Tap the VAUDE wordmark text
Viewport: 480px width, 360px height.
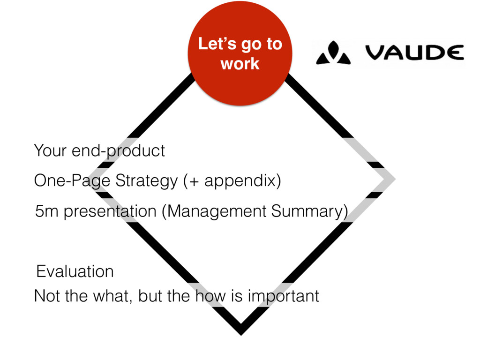414,53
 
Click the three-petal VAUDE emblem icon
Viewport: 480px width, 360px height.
333,53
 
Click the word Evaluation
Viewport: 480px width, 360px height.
75,271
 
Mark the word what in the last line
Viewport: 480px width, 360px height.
106,296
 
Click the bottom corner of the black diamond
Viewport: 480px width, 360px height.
240,330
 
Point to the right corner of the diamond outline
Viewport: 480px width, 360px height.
391,179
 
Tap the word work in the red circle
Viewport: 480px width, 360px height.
240,63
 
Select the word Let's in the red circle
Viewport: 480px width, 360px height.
215,45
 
